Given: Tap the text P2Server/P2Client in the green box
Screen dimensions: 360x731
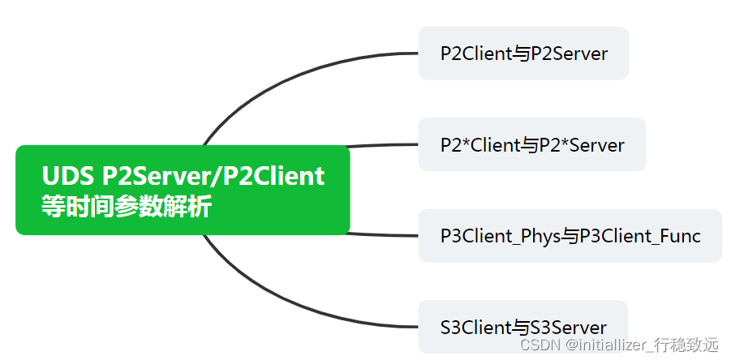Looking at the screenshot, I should click(x=213, y=176).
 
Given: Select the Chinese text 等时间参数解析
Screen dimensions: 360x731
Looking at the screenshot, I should click(x=126, y=206).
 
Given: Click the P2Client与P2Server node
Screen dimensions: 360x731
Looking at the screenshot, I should click(x=523, y=54).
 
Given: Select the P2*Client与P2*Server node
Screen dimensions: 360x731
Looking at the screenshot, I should click(x=531, y=145).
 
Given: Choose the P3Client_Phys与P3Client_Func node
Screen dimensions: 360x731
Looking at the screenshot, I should click(x=570, y=236).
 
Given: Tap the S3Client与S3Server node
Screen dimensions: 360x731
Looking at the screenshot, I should click(x=522, y=328).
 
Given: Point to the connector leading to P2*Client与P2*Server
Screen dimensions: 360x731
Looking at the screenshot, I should click(x=381, y=146).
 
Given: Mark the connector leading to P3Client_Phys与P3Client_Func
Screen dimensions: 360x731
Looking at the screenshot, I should click(x=381, y=234).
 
